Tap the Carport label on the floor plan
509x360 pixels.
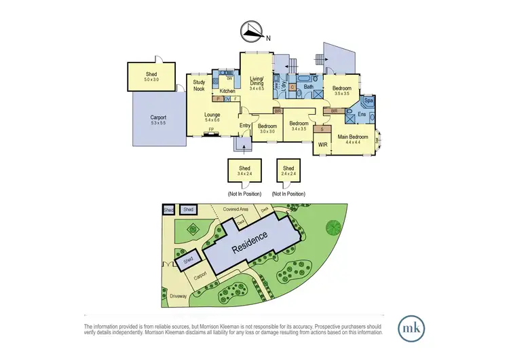158,118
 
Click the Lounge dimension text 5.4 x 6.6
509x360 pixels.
212,121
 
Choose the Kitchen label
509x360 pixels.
227,90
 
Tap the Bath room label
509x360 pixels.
308,87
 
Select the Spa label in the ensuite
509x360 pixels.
369,101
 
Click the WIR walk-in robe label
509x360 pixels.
323,145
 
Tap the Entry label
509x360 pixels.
245,125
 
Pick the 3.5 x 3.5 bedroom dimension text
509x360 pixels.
341,94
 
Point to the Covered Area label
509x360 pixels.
235,210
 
